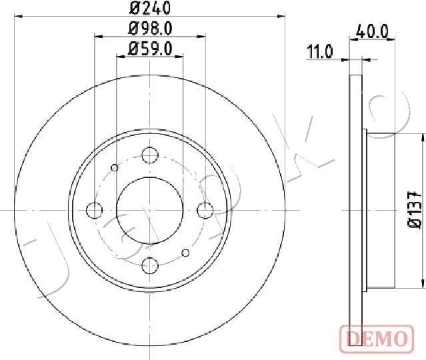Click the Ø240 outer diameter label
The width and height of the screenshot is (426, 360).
[149, 9]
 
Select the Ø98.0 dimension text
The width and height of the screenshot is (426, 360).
[149, 29]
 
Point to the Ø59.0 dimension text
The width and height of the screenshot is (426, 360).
[149, 48]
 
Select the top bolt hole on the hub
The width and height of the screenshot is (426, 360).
[150, 156]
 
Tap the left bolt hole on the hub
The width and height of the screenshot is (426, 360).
[95, 210]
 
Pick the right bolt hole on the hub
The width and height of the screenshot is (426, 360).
[205, 210]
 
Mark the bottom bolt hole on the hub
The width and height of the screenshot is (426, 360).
[150, 265]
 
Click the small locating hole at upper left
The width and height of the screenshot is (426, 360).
[115, 167]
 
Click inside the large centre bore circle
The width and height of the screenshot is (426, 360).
[150, 210]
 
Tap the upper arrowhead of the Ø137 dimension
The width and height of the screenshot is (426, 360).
[421, 137]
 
